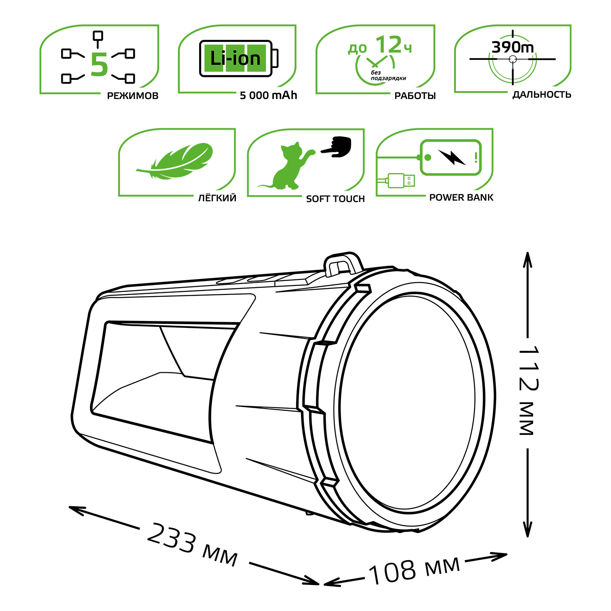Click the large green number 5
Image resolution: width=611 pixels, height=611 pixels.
point(99,64)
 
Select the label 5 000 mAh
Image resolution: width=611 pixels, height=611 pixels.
point(268,95)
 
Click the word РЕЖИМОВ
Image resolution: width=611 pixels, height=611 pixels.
point(132,96)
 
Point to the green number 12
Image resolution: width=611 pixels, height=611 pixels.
point(388,44)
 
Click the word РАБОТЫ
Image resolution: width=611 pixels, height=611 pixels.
point(415,96)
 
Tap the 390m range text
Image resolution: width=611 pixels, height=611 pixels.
point(512,47)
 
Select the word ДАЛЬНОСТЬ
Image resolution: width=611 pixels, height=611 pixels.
point(542,95)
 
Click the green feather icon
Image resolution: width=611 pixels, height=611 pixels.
point(175,161)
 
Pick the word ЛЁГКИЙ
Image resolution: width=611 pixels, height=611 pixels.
point(217,198)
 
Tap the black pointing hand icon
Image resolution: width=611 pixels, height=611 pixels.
point(336,146)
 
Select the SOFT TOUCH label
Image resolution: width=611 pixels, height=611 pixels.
point(335,199)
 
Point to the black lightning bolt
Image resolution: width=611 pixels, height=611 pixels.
point(452,157)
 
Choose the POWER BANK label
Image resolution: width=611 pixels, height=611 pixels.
point(461,198)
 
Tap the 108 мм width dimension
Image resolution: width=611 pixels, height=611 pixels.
point(414,569)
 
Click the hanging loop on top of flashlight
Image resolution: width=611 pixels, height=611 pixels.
point(343,263)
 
